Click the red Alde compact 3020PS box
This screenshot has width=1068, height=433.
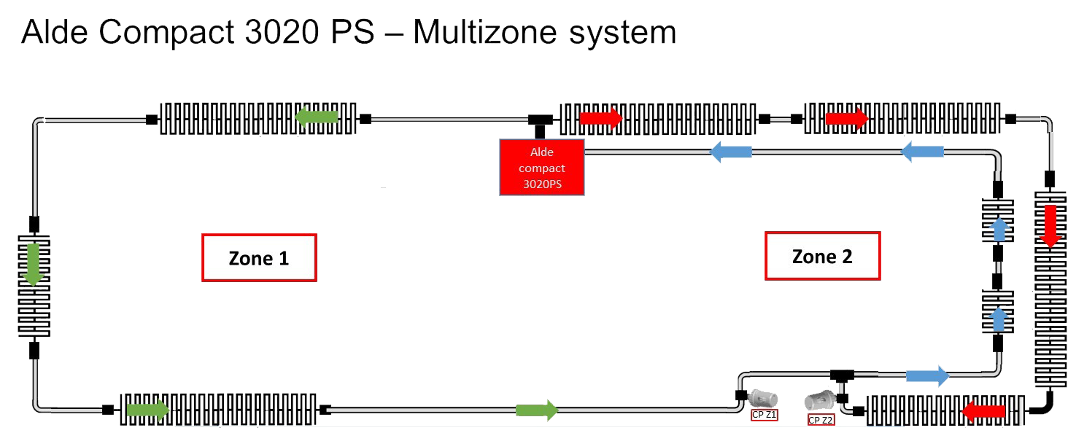point(541,168)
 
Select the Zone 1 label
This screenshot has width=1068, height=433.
point(259,257)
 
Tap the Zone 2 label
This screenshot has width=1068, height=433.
point(822,256)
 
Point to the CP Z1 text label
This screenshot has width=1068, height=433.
point(765,415)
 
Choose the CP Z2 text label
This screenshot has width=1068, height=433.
point(821,420)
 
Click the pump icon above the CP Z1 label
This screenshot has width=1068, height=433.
point(764,397)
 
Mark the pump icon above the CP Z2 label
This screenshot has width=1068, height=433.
point(818,400)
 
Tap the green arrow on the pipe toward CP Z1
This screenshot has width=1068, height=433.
point(537,410)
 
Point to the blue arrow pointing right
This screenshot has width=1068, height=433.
point(927,375)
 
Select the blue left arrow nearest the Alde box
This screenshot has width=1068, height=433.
point(731,152)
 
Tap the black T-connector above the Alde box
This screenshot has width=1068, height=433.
point(540,120)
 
